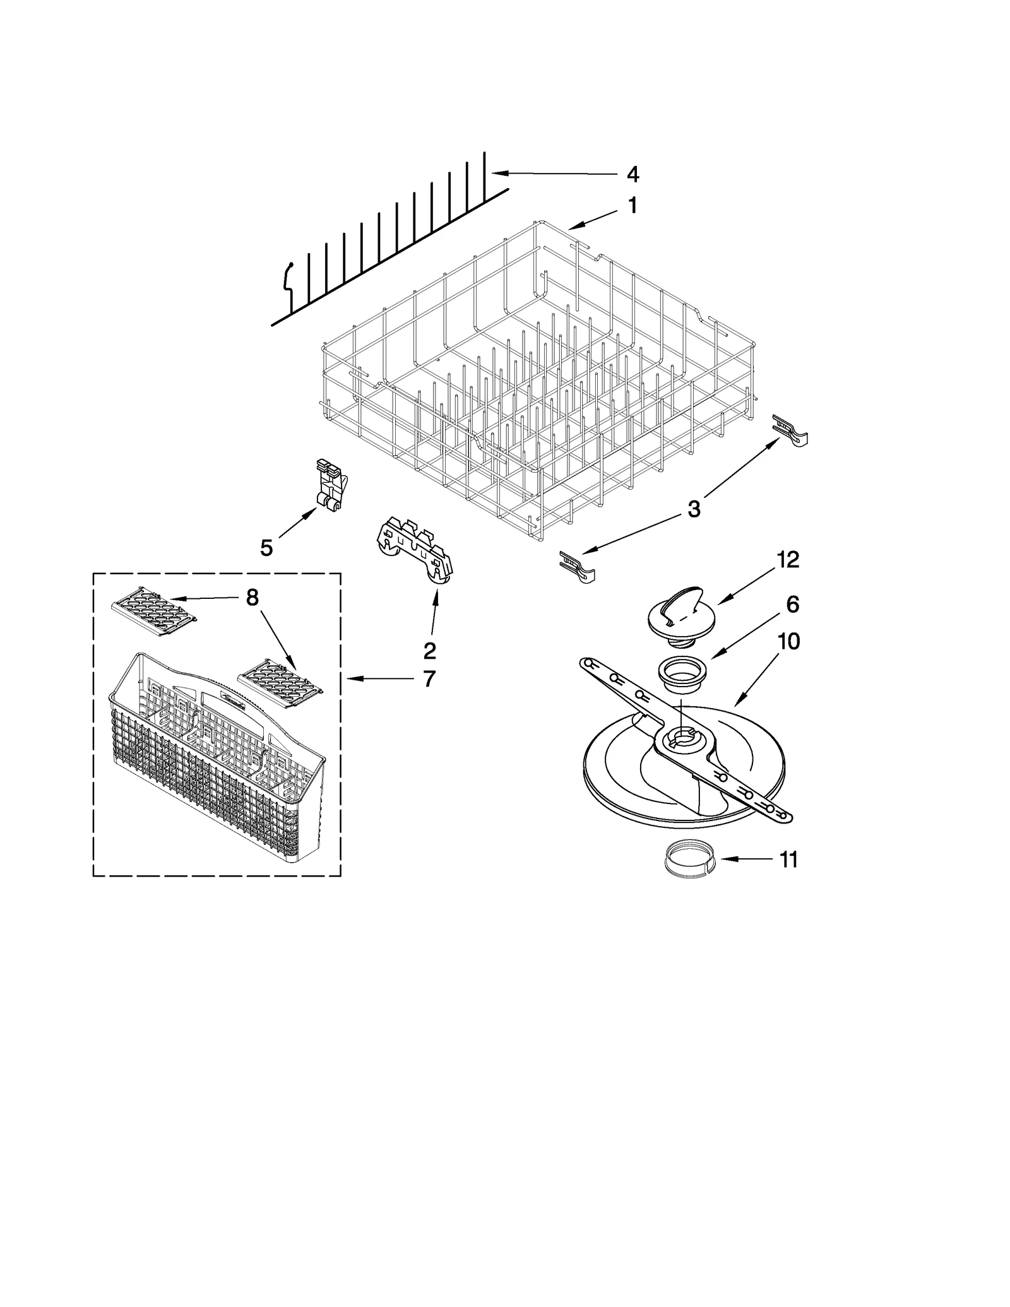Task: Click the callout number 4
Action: click(x=633, y=175)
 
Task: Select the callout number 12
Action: click(x=788, y=559)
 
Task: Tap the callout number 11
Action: click(x=788, y=860)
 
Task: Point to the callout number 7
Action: click(x=429, y=678)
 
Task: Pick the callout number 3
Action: click(x=694, y=509)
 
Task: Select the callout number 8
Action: click(x=252, y=598)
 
